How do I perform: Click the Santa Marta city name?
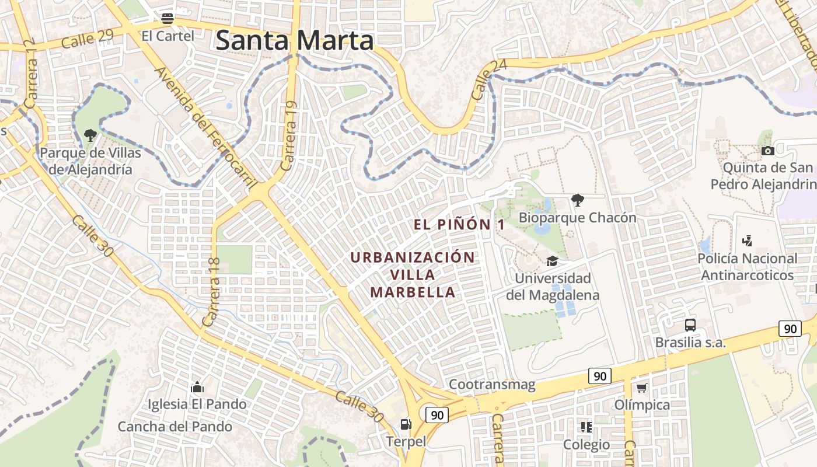(x=295, y=41)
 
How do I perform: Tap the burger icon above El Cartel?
(x=167, y=18)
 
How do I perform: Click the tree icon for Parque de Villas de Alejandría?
(x=90, y=135)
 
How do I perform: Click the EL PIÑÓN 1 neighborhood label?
(x=459, y=224)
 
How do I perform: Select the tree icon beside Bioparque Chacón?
(x=577, y=200)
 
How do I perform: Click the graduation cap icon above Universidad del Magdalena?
(x=552, y=261)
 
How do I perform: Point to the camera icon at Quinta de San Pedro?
(x=768, y=151)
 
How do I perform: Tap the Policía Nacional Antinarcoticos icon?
(x=747, y=241)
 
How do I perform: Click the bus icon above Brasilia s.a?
(x=690, y=325)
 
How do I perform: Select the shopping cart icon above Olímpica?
(x=642, y=388)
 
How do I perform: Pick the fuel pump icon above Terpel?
(x=405, y=424)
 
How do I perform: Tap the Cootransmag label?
(x=492, y=384)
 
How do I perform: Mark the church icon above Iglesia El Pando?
(x=197, y=386)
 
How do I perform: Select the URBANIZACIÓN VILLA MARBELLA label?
(x=413, y=274)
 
